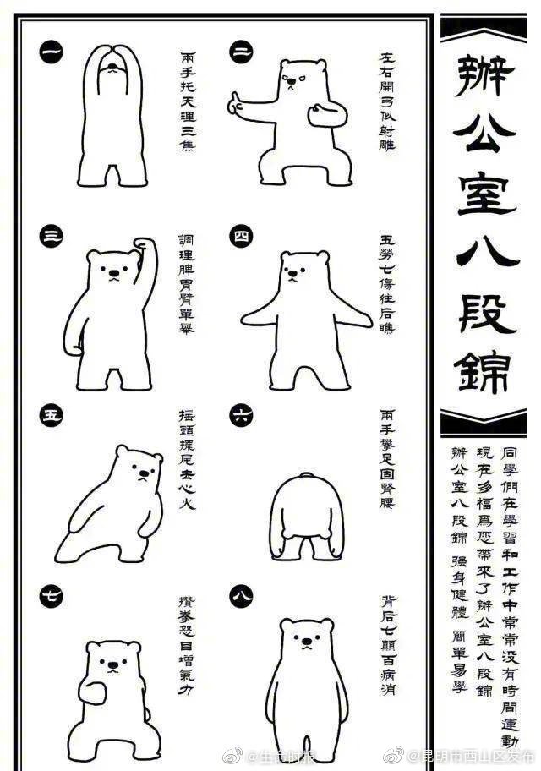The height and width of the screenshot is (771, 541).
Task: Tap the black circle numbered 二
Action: point(242,52)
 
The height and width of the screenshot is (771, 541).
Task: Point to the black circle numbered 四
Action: point(242,236)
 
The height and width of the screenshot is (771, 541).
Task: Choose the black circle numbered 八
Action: point(242,597)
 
